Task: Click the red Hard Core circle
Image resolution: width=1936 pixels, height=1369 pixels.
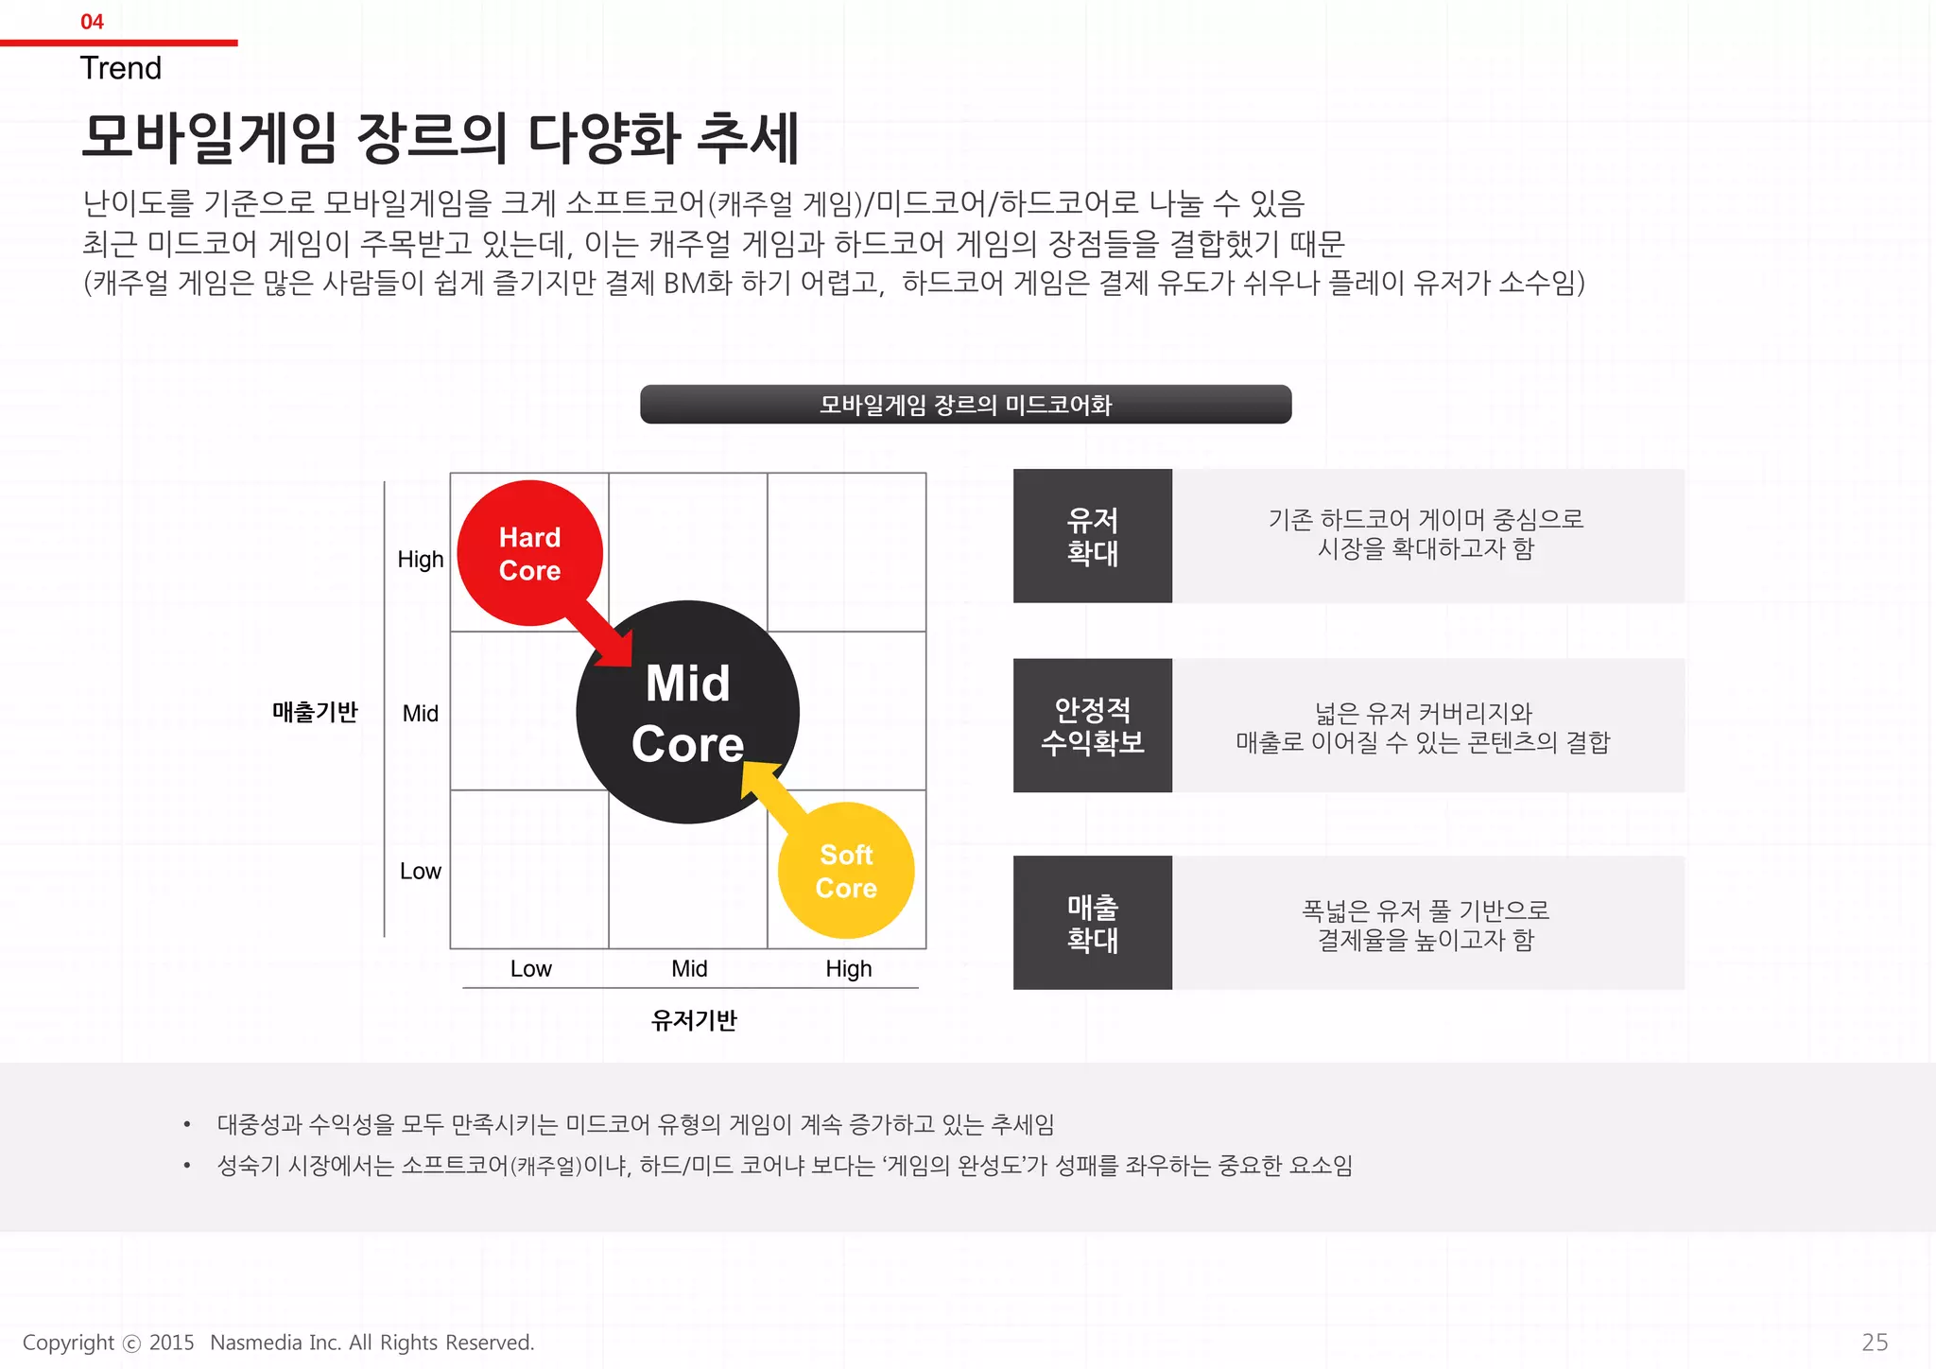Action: (x=529, y=552)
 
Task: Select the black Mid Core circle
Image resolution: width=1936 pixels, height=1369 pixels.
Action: (x=687, y=712)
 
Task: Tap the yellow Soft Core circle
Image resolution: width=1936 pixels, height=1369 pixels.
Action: (x=846, y=871)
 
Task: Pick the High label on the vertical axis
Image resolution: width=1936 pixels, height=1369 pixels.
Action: (x=420, y=560)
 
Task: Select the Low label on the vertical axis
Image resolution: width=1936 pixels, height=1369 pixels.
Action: (x=420, y=871)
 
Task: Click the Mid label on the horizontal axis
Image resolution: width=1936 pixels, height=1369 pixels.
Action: (x=689, y=969)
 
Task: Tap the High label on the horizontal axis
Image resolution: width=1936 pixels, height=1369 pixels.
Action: (x=848, y=969)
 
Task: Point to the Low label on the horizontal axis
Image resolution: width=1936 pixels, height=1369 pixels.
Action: (x=530, y=969)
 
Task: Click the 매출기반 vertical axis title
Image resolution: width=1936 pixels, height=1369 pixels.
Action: (x=315, y=712)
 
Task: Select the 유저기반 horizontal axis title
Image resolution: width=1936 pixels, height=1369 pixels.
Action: (x=694, y=1020)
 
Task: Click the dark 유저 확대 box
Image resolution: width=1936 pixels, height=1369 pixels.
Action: (x=1092, y=536)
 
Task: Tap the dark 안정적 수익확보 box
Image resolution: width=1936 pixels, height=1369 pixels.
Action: (x=1092, y=726)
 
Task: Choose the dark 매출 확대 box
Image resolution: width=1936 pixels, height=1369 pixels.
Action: (x=1092, y=923)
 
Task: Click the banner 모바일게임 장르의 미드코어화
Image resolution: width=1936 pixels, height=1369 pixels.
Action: (x=965, y=405)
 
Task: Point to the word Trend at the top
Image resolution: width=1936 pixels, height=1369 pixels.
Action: (x=121, y=68)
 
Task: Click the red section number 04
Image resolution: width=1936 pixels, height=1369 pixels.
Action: (x=92, y=22)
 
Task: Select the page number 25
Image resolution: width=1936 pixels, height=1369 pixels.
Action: (x=1875, y=1343)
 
